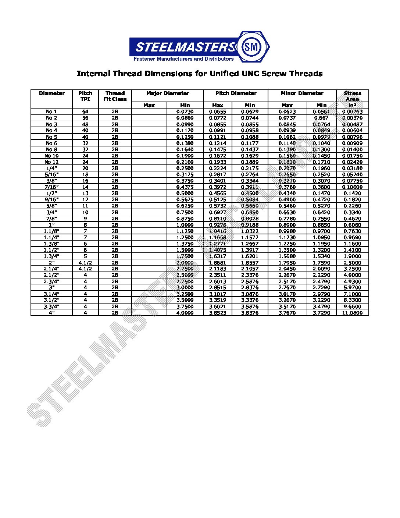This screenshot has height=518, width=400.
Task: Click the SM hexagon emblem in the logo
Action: click(253, 47)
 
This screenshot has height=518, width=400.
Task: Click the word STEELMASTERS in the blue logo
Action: click(185, 47)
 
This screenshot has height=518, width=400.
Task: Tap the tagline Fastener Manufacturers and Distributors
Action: click(183, 59)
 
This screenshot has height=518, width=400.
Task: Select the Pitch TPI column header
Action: click(85, 96)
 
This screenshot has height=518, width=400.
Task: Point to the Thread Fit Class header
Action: click(115, 96)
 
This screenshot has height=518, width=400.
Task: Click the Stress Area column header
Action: click(352, 96)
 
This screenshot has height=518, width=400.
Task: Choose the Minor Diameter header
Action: click(302, 93)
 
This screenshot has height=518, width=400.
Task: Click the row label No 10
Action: click(51, 156)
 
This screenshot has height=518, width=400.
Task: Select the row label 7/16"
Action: click(51, 187)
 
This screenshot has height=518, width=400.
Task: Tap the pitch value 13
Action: click(85, 193)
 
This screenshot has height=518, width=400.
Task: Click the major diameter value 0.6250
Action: click(185, 206)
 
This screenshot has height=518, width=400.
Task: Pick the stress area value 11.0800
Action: click(352, 313)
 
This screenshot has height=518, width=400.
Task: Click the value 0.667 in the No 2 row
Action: click(321, 118)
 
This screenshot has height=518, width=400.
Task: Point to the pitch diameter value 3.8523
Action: click(218, 313)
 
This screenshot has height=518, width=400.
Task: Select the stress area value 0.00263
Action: click(352, 111)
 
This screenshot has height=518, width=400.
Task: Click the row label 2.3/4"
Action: click(51, 281)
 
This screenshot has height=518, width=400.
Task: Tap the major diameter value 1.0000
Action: click(185, 225)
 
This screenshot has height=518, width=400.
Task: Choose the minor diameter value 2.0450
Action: click(287, 269)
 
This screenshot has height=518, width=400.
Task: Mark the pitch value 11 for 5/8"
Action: click(85, 206)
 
